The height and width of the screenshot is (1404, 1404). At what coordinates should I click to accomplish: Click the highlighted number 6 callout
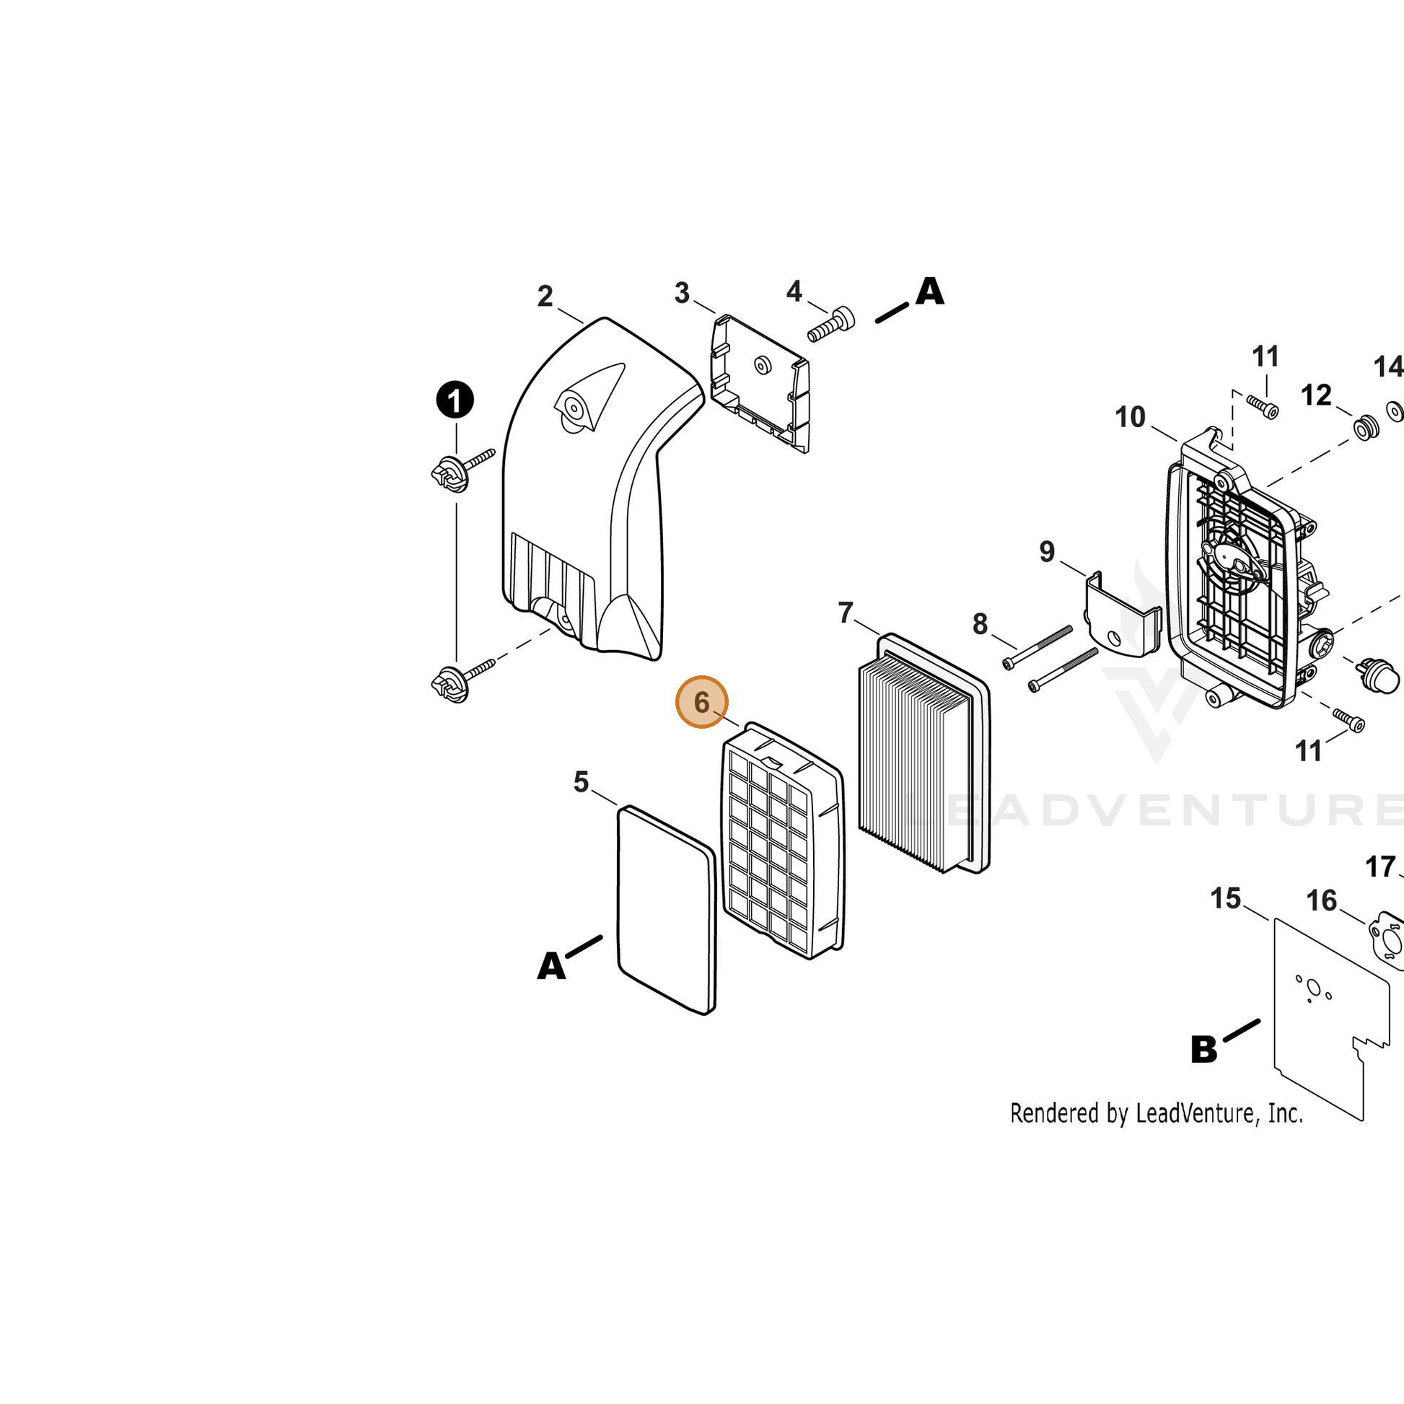pos(701,701)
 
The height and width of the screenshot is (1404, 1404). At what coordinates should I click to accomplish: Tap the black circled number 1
pos(455,400)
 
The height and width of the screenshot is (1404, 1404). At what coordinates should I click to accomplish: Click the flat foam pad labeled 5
pos(667,909)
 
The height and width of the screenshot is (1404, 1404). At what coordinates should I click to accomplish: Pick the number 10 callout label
pos(1130,417)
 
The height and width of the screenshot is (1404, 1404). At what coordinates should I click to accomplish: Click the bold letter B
pos(1203,1049)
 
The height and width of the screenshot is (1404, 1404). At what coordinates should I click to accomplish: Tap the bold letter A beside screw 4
pos(929,291)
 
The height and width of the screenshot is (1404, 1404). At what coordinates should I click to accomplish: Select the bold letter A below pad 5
pos(550,967)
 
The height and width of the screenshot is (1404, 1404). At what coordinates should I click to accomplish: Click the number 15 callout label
pos(1225,899)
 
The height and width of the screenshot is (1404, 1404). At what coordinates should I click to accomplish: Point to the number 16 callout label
pos(1321,901)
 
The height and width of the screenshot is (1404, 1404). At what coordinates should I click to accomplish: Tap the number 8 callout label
pos(980,623)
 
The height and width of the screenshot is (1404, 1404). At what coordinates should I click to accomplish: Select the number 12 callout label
pos(1316,395)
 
